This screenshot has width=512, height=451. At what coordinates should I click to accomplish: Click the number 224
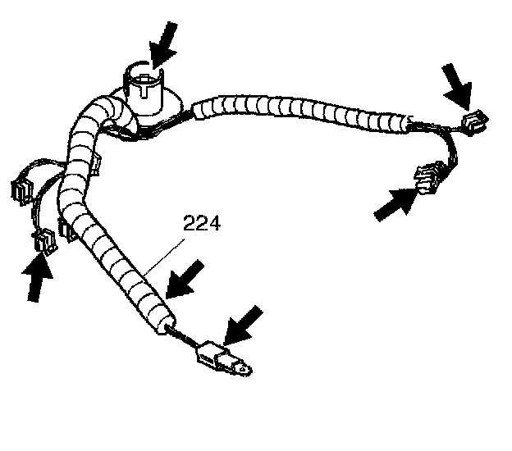(x=201, y=223)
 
